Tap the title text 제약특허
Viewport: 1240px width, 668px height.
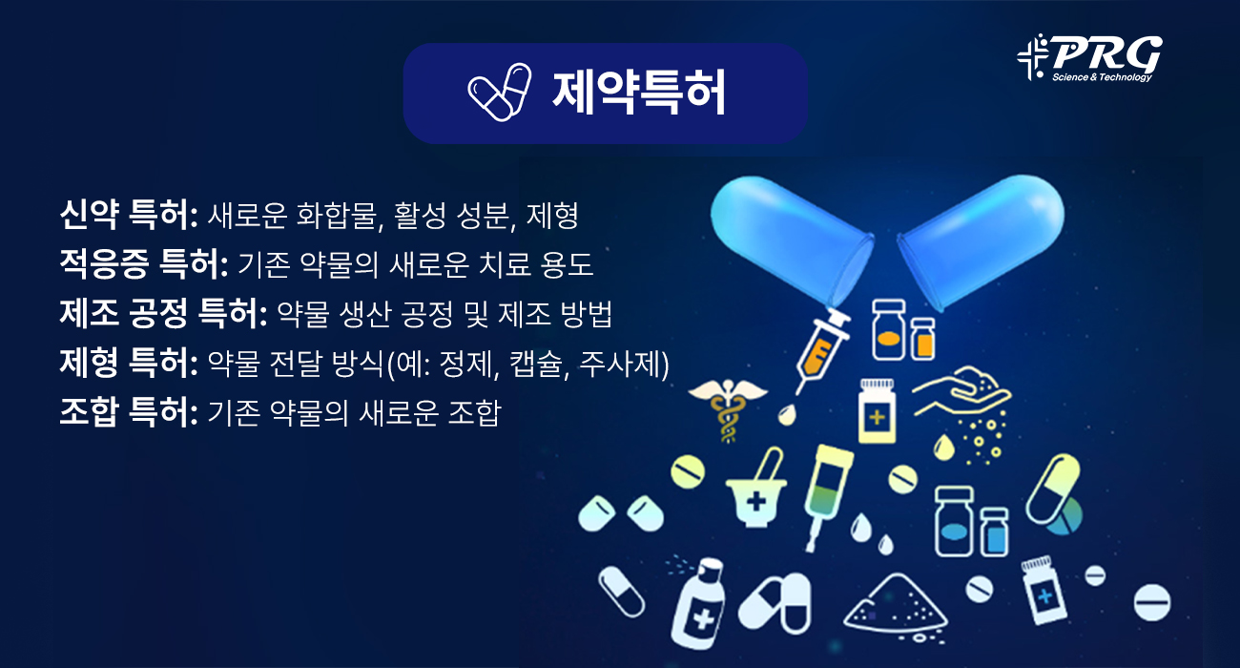point(639,92)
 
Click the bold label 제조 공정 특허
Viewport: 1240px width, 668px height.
point(162,312)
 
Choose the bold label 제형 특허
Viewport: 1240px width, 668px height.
point(127,363)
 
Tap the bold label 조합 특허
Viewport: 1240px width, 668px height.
point(127,412)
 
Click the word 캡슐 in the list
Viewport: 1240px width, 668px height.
point(534,363)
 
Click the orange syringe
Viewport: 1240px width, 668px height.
point(819,349)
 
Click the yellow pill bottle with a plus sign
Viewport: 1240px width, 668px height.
point(878,411)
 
